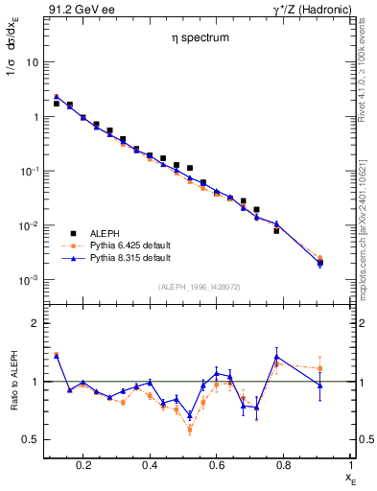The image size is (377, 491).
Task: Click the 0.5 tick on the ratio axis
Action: [29, 439]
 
